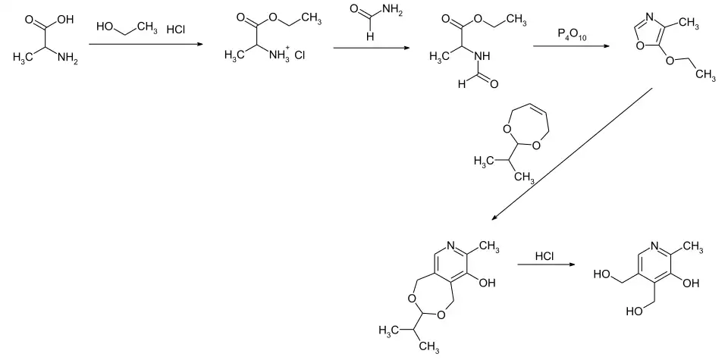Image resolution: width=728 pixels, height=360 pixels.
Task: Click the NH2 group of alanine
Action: click(66, 61)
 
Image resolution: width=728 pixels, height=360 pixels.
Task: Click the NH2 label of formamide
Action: click(392, 10)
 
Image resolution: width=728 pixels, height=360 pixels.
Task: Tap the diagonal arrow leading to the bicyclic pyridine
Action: click(572, 154)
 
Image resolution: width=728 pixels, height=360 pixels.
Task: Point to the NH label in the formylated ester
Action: click(481, 56)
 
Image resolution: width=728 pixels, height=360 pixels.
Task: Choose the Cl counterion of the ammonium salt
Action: click(299, 56)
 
